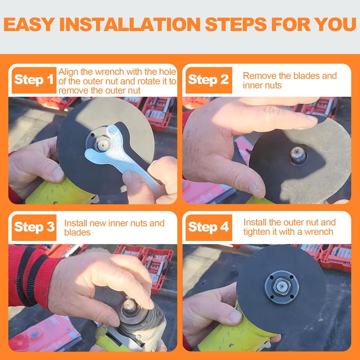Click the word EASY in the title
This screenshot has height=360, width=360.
[29, 24]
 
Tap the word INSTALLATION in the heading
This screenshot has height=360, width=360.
[130, 24]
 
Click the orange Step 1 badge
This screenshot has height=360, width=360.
[34, 80]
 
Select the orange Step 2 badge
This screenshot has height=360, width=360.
[209, 80]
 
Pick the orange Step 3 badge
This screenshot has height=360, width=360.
[34, 228]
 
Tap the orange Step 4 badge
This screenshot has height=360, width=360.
[209, 228]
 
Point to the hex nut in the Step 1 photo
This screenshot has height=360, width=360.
[103, 144]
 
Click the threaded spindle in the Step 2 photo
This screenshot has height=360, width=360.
[298, 155]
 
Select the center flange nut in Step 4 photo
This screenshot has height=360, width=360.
[282, 286]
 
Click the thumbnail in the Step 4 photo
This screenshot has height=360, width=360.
[235, 317]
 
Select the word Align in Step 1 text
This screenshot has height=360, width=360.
[68, 72]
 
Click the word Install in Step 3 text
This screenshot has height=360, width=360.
[76, 223]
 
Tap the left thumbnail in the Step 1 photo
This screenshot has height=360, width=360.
[58, 174]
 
